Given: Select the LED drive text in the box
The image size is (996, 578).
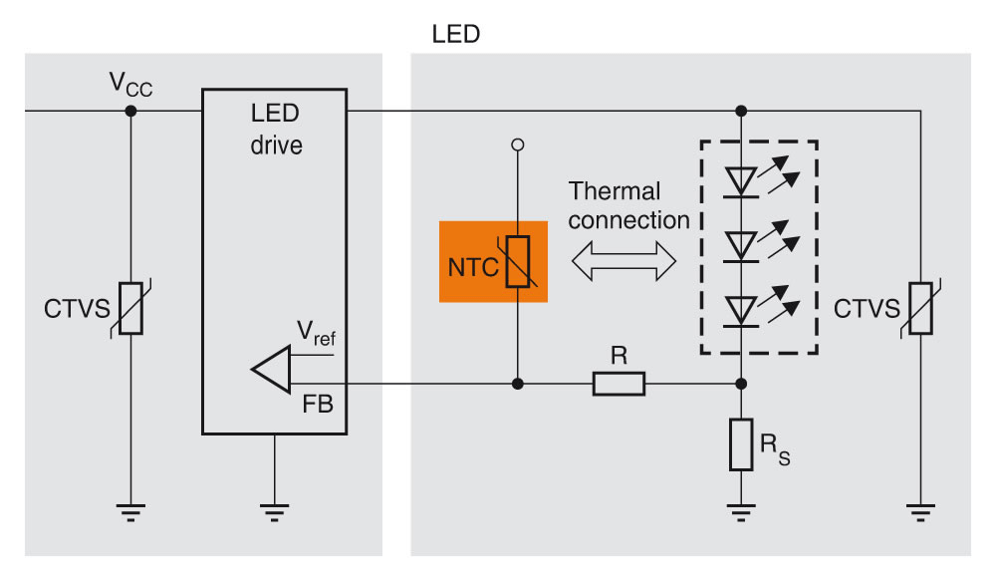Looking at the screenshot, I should tap(275, 130).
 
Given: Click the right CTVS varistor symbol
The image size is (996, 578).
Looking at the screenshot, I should tap(920, 308).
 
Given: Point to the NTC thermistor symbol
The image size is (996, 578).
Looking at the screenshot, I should tap(518, 262).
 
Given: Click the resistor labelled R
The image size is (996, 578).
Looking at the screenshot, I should tap(619, 384).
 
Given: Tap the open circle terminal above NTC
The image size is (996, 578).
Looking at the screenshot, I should tap(517, 145).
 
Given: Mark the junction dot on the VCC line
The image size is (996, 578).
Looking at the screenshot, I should tap(131, 110).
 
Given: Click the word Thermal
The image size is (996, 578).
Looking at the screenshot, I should tap(615, 191).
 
